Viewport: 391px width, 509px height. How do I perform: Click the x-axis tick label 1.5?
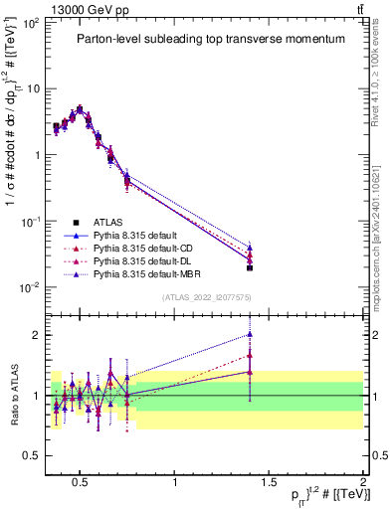tap(269, 483)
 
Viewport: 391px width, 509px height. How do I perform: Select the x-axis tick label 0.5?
tap(81, 483)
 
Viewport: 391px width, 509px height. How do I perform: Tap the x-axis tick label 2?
tap(362, 483)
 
